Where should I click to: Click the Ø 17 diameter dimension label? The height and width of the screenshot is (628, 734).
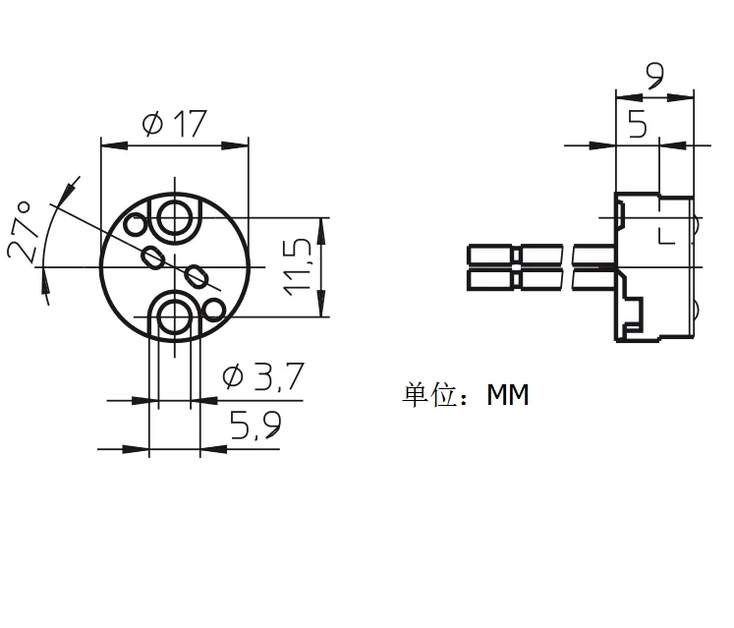pyautogui.click(x=174, y=124)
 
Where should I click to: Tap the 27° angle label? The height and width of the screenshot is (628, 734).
pyautogui.click(x=21, y=232)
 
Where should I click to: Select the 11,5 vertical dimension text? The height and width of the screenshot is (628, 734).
pyautogui.click(x=298, y=267)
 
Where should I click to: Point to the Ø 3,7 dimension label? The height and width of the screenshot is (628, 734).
pyautogui.click(x=263, y=376)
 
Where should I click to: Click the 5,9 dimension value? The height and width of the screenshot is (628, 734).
pyautogui.click(x=255, y=425)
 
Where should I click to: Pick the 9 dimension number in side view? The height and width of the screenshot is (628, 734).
pyautogui.click(x=654, y=76)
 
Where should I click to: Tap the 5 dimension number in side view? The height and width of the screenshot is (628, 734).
pyautogui.click(x=638, y=124)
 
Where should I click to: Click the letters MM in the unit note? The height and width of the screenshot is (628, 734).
pyautogui.click(x=508, y=395)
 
